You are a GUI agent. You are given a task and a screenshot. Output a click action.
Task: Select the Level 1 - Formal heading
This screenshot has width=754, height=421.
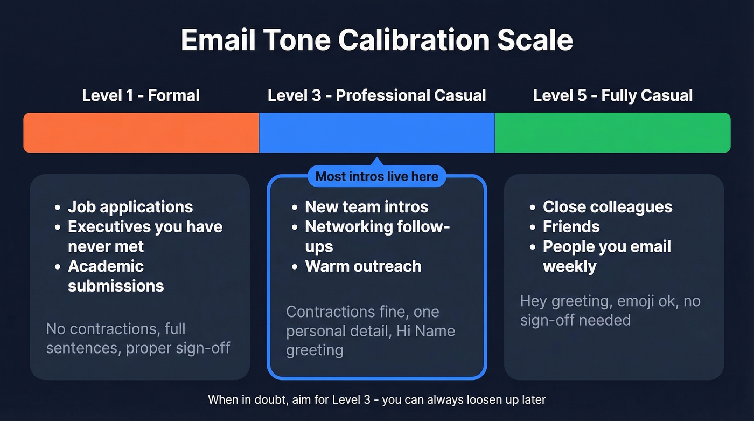point(141,96)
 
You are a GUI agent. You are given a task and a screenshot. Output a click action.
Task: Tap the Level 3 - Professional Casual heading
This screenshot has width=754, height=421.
point(376,96)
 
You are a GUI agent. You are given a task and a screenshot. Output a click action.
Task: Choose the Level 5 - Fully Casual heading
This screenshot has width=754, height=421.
point(612,96)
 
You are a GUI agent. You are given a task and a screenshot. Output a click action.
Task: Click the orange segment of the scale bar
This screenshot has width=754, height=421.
point(141,133)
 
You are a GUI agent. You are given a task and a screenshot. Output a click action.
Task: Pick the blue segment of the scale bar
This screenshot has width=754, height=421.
point(376,133)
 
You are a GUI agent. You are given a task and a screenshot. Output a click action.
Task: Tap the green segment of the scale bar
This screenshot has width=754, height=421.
point(612,133)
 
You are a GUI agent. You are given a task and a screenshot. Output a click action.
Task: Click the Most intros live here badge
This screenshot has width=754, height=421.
point(376,176)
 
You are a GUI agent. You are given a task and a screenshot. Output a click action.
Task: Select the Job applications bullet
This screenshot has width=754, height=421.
point(130,207)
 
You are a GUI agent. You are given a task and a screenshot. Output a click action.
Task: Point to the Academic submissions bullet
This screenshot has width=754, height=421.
point(115,276)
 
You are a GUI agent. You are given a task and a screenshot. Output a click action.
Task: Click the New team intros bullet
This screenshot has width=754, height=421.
point(366,207)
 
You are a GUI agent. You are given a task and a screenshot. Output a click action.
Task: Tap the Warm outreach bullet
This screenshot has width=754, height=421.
point(363,266)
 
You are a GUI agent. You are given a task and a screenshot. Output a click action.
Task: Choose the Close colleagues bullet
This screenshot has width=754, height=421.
point(607,207)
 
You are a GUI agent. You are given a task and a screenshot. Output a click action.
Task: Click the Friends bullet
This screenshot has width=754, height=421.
point(571,227)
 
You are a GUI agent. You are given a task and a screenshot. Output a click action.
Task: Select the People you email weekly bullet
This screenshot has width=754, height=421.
point(606,256)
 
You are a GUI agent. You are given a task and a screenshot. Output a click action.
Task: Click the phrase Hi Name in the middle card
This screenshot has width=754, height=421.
point(425,331)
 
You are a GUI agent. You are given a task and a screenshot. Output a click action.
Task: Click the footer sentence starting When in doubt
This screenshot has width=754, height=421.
point(376,400)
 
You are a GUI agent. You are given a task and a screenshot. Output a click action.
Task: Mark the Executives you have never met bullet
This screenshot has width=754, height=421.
point(144,236)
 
